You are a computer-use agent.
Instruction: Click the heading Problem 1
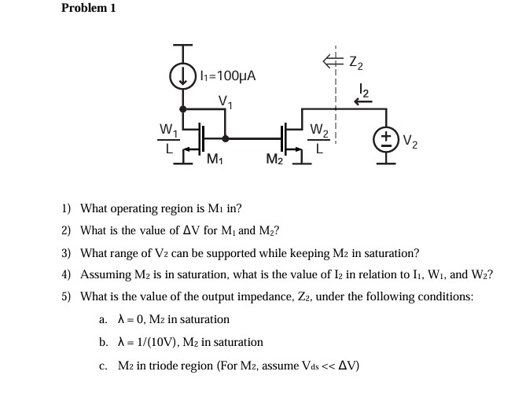coord(88,9)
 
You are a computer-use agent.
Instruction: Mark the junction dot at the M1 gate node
coord(226,138)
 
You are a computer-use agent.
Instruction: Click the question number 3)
coord(67,253)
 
